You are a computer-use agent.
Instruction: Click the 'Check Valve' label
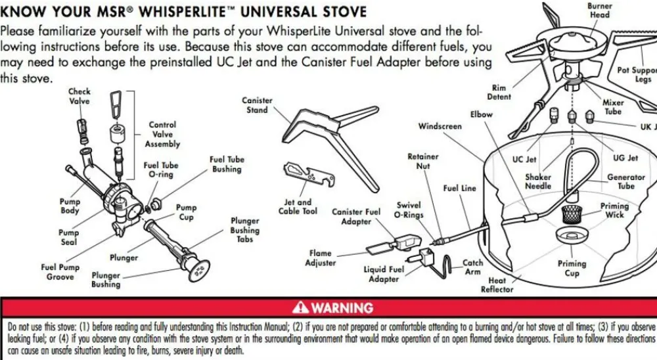(79, 97)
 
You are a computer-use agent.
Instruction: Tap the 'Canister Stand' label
(257, 105)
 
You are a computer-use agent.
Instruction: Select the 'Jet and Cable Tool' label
(298, 207)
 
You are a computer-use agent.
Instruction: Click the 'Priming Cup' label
(572, 269)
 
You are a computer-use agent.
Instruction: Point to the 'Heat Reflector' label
(497, 284)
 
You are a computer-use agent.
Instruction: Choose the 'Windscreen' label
(440, 126)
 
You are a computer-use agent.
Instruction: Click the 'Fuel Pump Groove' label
(60, 272)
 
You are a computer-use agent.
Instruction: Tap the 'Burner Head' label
(599, 10)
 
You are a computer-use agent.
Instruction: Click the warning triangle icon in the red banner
(301, 307)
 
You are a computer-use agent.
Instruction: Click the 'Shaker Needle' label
(538, 181)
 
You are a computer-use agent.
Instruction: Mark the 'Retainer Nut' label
(422, 162)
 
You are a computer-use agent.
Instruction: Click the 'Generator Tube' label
(625, 182)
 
